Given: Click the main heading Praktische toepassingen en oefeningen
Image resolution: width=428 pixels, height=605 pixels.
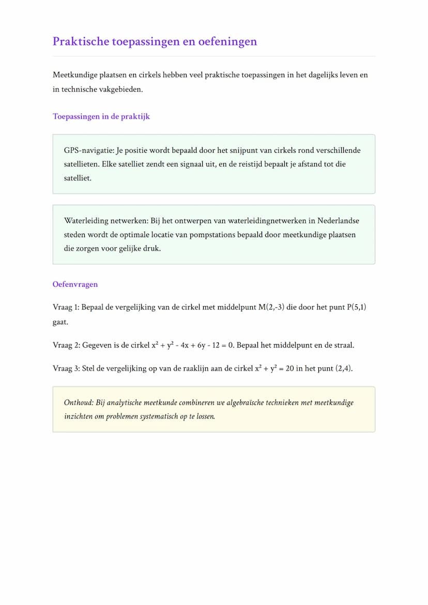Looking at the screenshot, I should click(155, 41).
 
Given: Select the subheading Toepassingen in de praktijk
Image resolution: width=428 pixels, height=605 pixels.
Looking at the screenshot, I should click(101, 116).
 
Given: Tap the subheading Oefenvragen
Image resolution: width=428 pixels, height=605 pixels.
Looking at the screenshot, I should click(75, 284).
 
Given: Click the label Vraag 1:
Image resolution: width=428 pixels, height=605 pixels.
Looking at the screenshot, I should click(66, 307).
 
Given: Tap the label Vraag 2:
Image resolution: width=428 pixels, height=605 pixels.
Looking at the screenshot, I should click(66, 345).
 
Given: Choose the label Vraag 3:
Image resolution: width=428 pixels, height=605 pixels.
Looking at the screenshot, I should click(66, 369).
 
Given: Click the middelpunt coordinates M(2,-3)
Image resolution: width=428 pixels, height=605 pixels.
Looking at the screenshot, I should click(271, 307).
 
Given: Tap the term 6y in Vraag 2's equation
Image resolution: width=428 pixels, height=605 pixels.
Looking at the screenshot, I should click(202, 345).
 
